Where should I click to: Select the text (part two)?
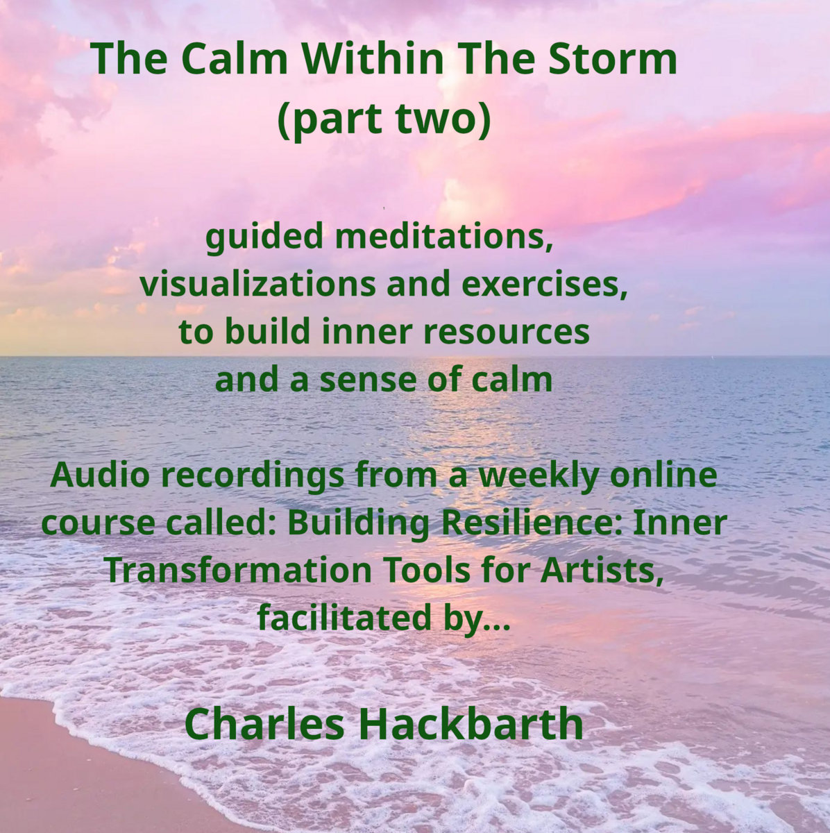click(x=384, y=119)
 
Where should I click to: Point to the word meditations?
click(x=448, y=238)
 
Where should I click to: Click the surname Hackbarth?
click(x=471, y=723)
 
